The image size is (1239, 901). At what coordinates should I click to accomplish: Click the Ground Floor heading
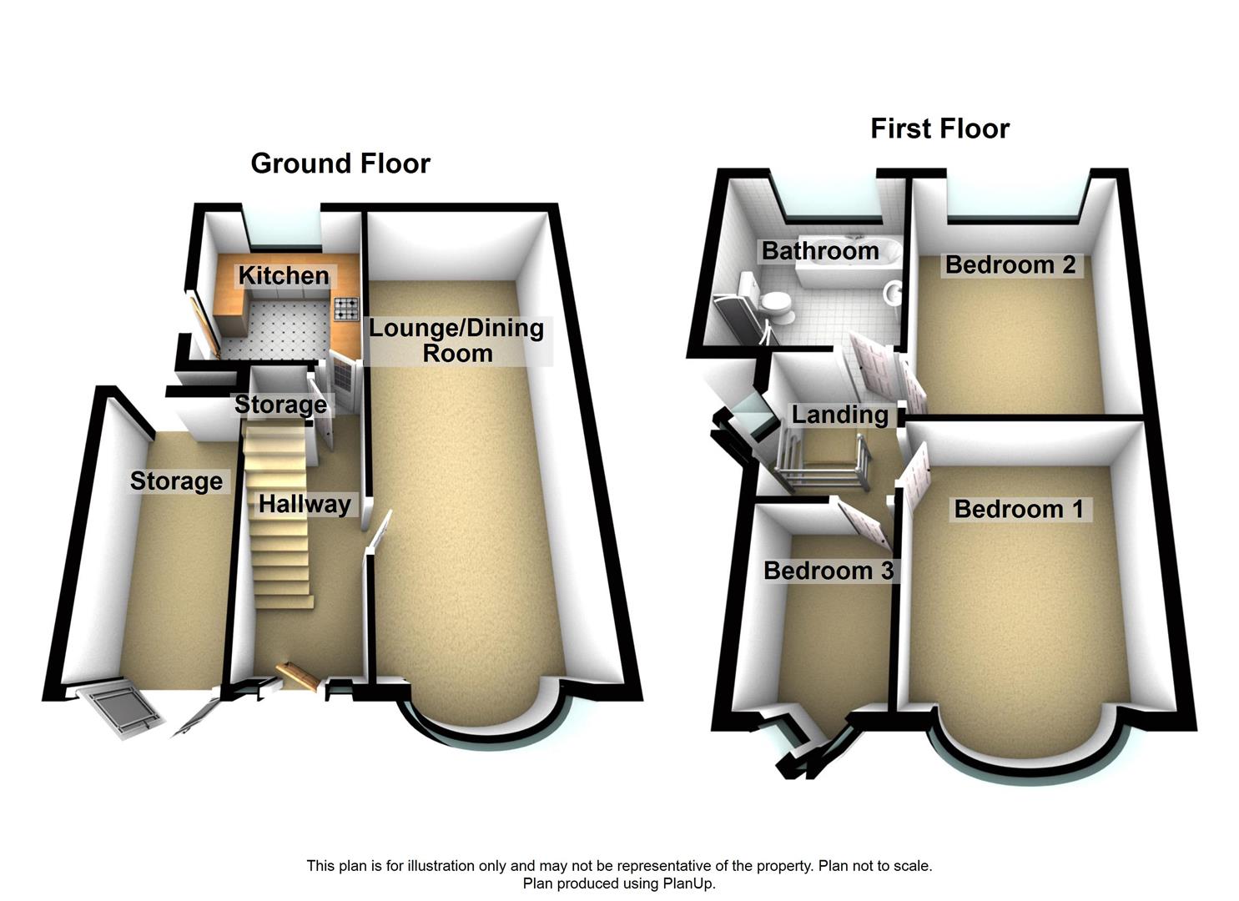point(340,164)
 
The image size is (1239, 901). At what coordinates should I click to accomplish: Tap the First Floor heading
point(939,128)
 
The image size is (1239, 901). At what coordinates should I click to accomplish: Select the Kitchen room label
point(284,275)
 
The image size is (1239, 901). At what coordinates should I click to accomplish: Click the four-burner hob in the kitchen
point(345,310)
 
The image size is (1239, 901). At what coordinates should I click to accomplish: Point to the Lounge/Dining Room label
point(456,340)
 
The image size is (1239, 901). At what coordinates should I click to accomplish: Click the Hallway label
point(305,504)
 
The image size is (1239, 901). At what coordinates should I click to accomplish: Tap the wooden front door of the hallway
point(300,675)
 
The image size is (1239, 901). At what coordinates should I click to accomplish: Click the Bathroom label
point(820,250)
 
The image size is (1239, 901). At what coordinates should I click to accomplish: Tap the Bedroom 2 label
point(1010,265)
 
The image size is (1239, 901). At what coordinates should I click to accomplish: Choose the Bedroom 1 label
point(1019,509)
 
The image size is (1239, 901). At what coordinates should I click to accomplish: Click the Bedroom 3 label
point(829,571)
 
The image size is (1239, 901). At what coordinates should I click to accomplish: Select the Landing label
point(839,415)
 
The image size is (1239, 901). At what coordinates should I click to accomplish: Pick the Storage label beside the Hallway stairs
point(280,405)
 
